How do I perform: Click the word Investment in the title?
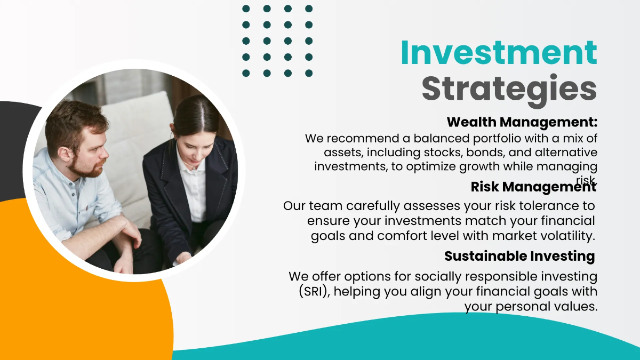tap(499, 53)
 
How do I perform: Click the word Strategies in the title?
tap(509, 88)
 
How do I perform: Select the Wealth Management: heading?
tap(522, 122)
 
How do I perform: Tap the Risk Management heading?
tap(533, 187)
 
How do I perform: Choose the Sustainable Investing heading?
tap(519, 256)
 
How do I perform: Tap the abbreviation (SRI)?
tap(315, 292)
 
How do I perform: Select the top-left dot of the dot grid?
tap(246, 9)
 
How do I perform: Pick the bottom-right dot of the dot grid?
tap(309, 73)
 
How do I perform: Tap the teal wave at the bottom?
tap(427, 341)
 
